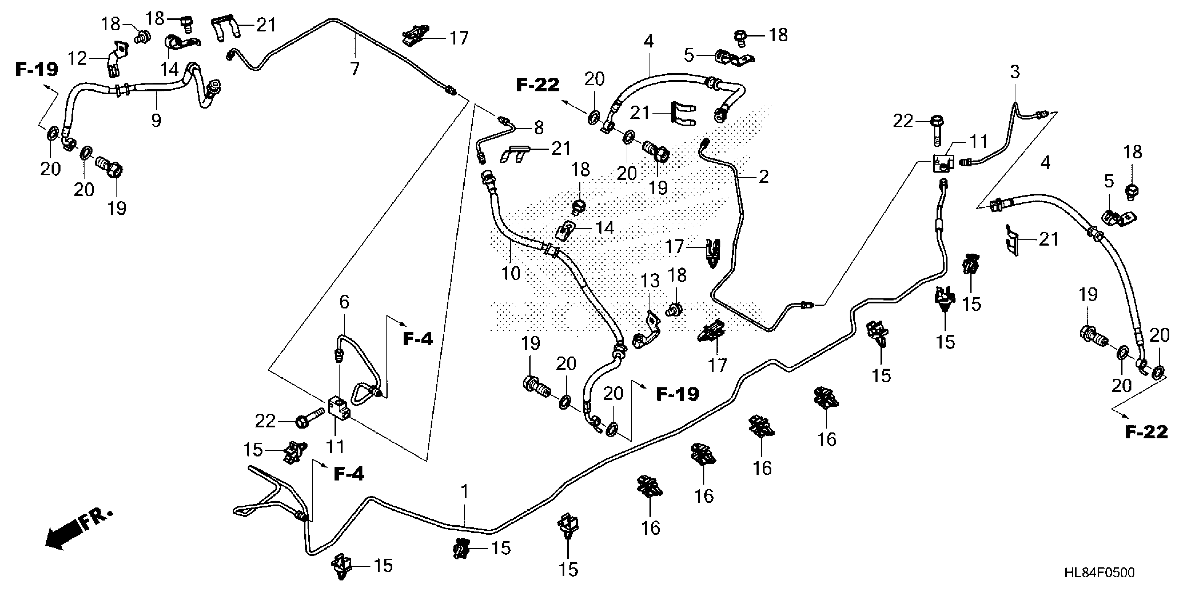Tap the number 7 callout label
[x=355, y=69]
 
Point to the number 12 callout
[x=77, y=59]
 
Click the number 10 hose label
[x=511, y=273]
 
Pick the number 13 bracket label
[x=650, y=280]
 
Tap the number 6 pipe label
[x=344, y=302]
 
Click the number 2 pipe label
[x=763, y=177]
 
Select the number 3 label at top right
[x=1015, y=72]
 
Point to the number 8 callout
[x=539, y=127]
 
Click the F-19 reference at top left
[x=37, y=69]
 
